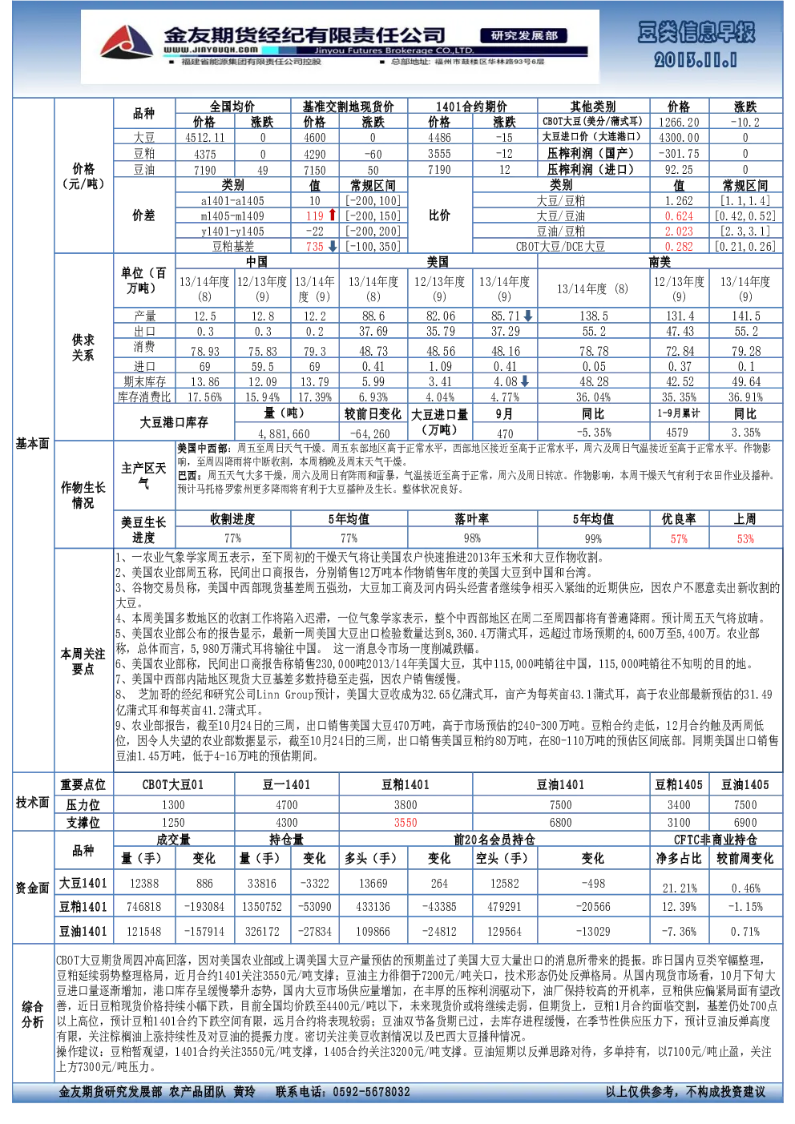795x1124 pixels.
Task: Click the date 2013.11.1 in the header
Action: pos(695,61)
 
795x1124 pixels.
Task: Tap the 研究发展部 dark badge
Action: pos(524,35)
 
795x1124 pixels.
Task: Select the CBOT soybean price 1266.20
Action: pos(679,123)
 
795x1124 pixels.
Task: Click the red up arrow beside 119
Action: pos(332,215)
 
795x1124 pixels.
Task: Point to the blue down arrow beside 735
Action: pos(333,247)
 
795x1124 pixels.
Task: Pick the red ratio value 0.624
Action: pos(679,216)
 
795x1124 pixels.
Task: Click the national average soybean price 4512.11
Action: pos(205,138)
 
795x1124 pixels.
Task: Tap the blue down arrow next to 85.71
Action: pos(527,316)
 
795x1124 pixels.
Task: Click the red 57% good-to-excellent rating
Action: pos(679,539)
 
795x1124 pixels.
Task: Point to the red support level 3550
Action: pos(405,823)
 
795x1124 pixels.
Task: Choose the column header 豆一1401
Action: pos(287,785)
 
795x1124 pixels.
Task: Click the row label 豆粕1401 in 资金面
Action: pos(83,907)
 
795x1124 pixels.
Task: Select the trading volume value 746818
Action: pos(144,907)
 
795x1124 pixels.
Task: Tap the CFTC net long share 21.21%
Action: pos(680,888)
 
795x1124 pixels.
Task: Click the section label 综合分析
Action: pos(33,1014)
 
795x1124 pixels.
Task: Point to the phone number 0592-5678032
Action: pos(371,1092)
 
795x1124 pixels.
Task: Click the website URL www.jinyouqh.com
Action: pos(211,50)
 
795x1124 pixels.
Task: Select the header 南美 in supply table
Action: pos(660,261)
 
